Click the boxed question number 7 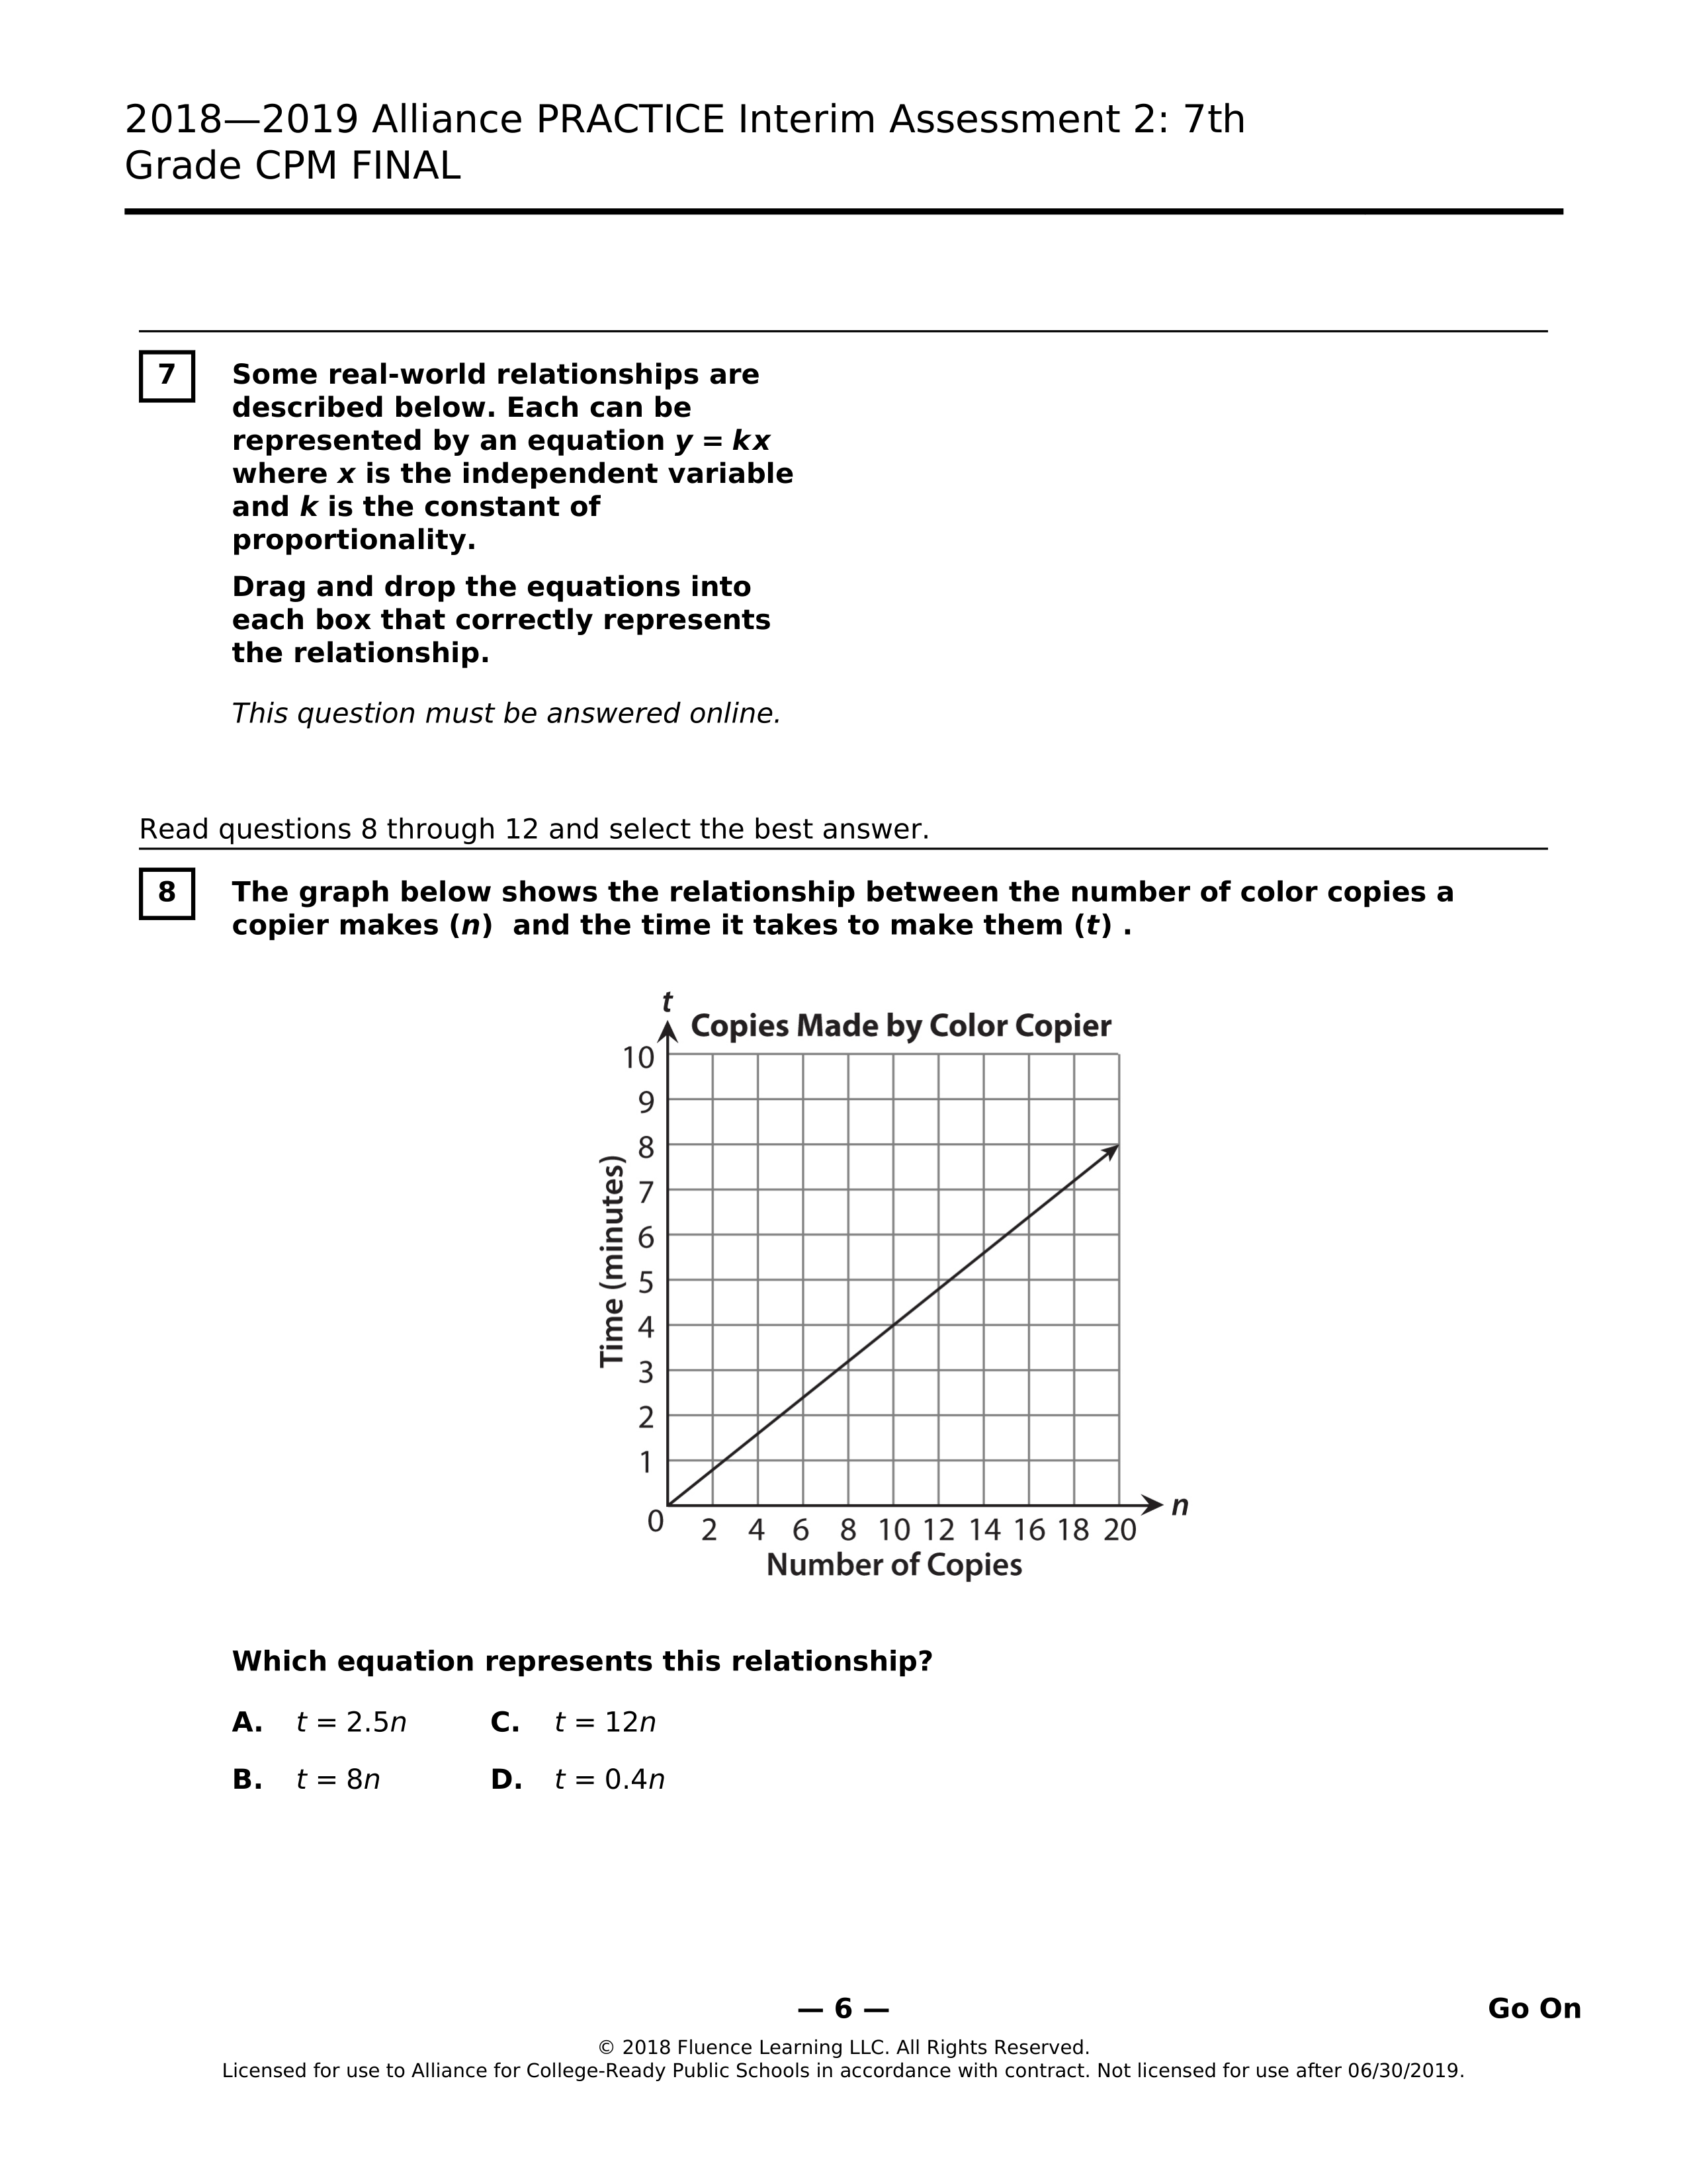[x=167, y=376]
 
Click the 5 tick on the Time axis [x=646, y=1281]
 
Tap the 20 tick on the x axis [x=1119, y=1530]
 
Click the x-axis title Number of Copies [x=894, y=1565]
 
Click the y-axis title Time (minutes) [x=612, y=1262]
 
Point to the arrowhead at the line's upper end [x=1111, y=1152]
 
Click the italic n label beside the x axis [x=1180, y=1506]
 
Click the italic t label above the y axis [x=667, y=1002]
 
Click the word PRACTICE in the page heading [x=630, y=120]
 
